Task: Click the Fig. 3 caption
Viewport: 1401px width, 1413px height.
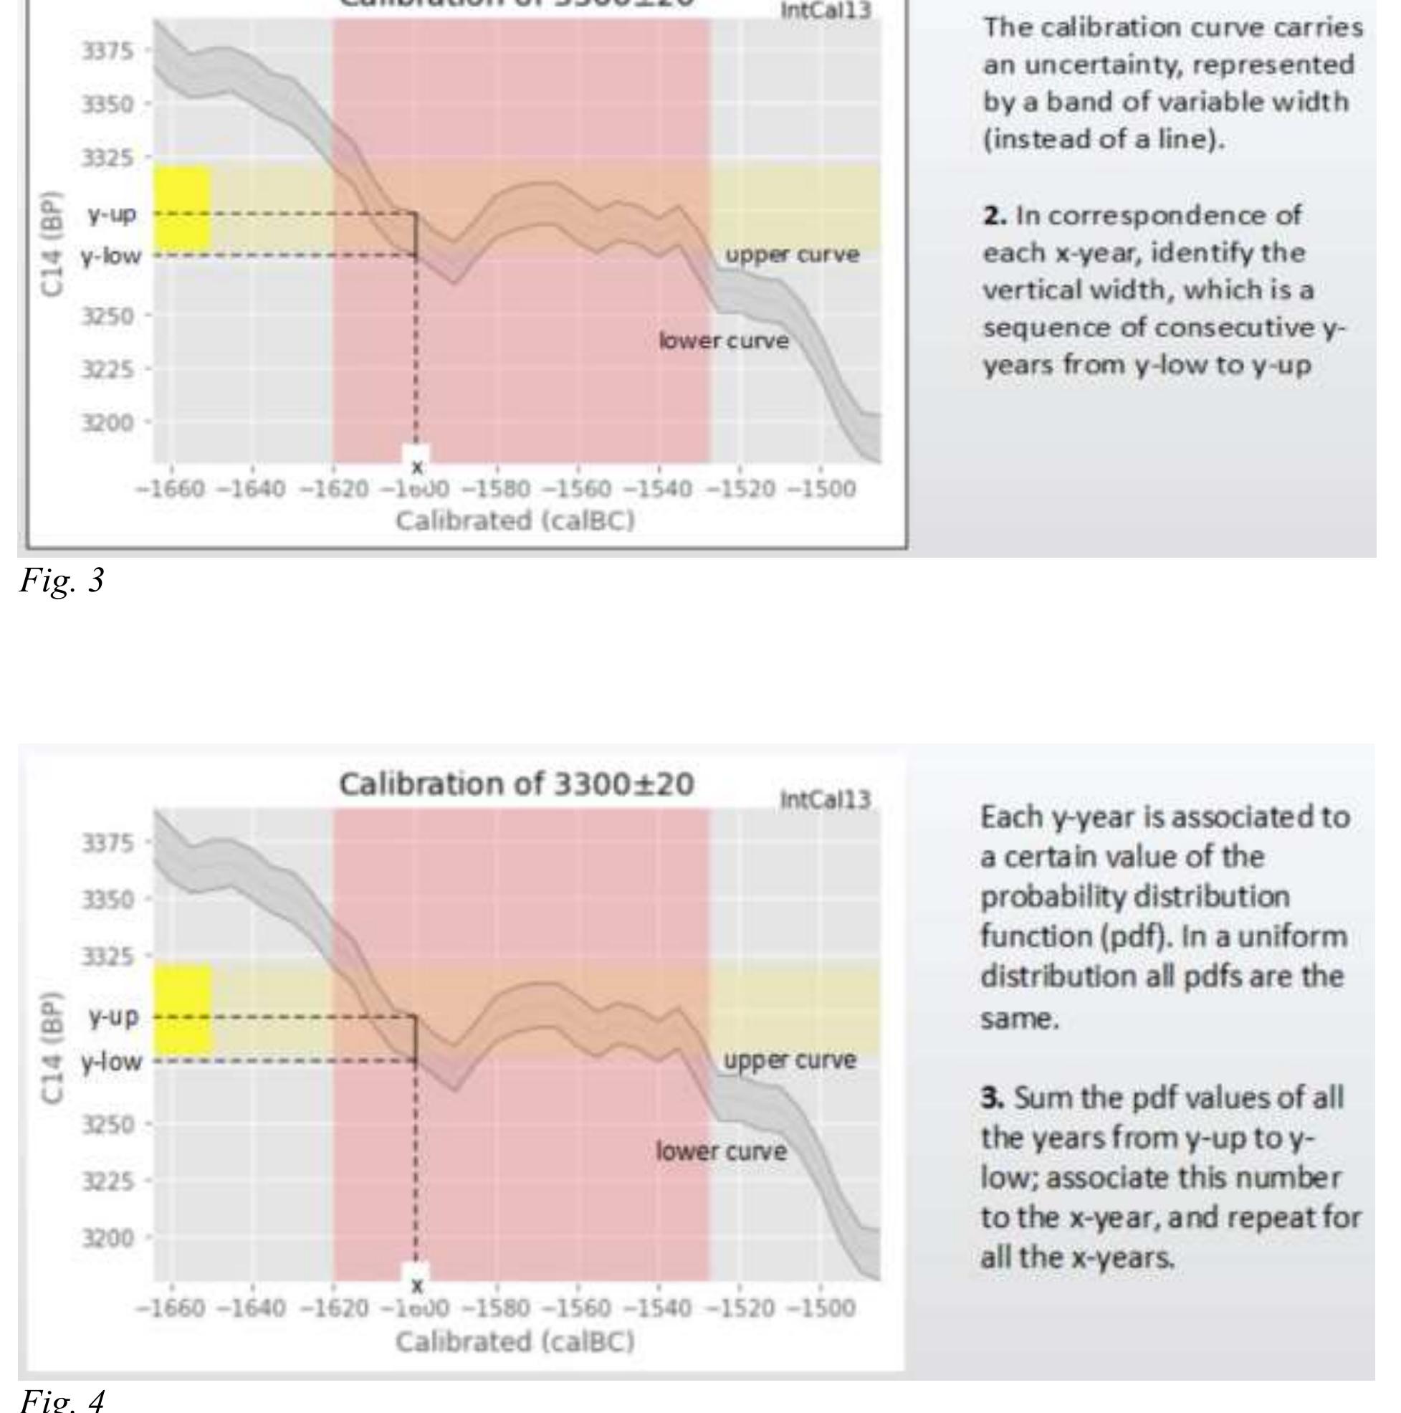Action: point(62,581)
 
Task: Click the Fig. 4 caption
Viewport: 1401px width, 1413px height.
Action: point(62,1400)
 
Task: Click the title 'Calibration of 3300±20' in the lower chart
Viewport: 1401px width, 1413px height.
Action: point(515,784)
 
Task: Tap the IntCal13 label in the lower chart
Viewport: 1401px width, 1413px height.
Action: point(826,800)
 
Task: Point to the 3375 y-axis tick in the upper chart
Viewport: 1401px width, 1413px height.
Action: point(107,51)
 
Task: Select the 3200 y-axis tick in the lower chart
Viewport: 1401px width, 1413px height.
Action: point(107,1238)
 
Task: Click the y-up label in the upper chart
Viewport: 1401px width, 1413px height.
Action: point(112,214)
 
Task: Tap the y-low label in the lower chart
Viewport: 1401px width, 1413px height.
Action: point(111,1060)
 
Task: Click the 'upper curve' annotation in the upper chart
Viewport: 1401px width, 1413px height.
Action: point(792,254)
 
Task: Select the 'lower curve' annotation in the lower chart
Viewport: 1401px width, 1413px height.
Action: point(721,1151)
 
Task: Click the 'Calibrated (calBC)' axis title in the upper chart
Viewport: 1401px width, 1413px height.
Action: point(515,521)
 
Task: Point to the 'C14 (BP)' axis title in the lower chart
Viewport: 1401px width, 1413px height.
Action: point(51,1047)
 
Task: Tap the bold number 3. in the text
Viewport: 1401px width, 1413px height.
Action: point(993,1097)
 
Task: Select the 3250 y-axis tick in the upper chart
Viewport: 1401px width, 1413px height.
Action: point(107,316)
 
